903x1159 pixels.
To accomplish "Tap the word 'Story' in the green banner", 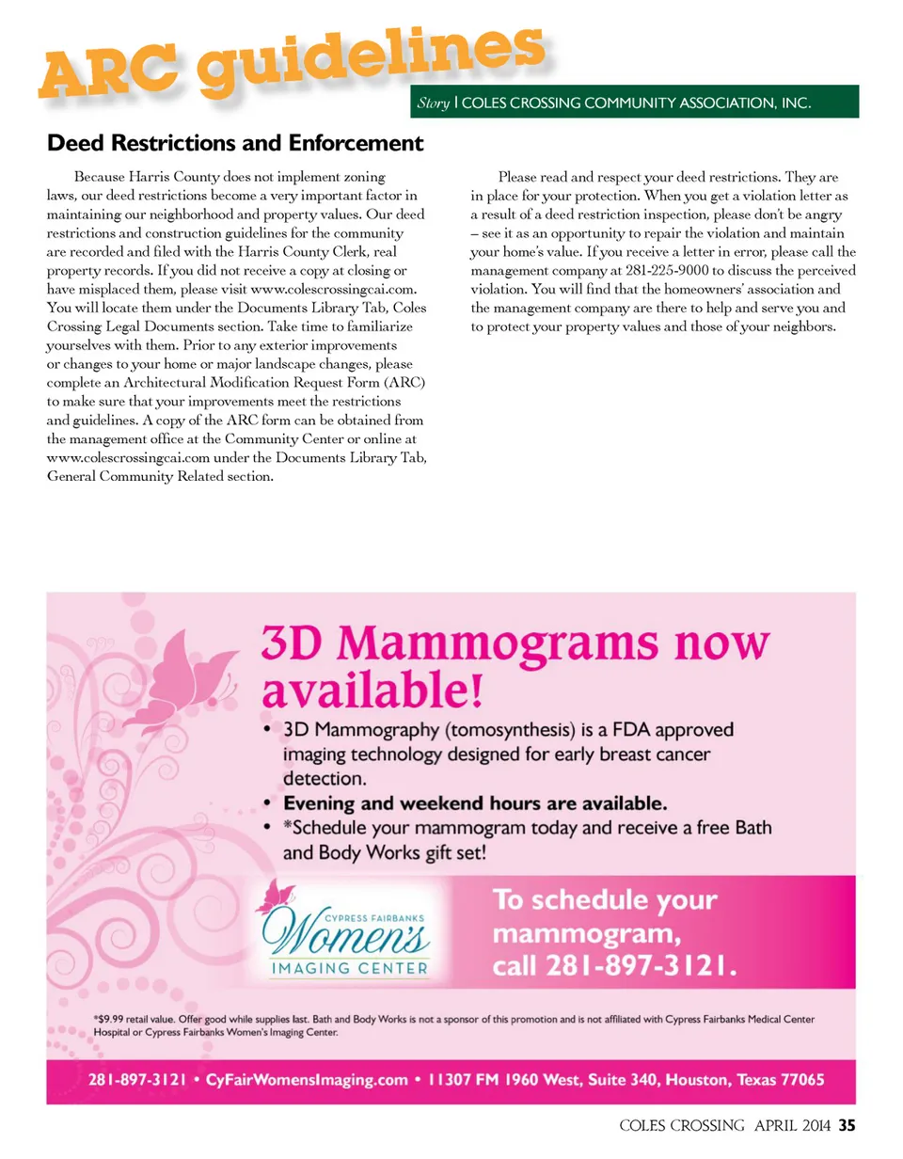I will pyautogui.click(x=433, y=103).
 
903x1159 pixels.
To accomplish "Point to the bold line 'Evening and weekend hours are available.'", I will pyautogui.click(x=476, y=803).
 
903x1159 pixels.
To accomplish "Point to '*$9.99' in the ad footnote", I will pyautogui.click(x=110, y=1018).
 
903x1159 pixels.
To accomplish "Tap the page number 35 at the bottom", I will pyautogui.click(x=847, y=1124).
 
